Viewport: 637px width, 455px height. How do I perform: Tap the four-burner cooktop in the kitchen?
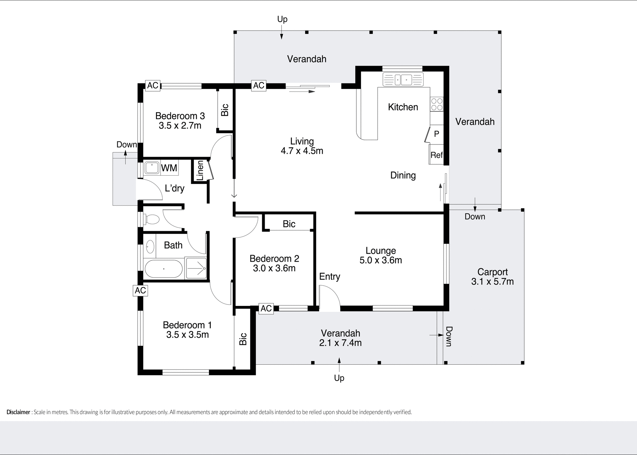(x=436, y=104)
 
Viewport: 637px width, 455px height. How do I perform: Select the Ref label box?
(x=436, y=155)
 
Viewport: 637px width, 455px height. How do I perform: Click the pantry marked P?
(x=437, y=134)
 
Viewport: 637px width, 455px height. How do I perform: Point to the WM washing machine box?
(x=169, y=168)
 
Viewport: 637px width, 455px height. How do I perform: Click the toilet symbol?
(x=151, y=219)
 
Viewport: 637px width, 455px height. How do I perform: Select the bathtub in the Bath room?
(x=164, y=269)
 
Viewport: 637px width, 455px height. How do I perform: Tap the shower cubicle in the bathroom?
(x=196, y=268)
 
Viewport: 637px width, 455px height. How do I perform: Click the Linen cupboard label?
(x=200, y=171)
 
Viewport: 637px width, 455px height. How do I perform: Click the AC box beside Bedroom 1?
(x=140, y=291)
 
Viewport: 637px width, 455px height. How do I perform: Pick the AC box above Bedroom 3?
(x=153, y=85)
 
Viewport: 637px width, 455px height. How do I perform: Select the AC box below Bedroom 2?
(x=266, y=309)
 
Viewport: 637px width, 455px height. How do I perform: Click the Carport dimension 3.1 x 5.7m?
(x=492, y=282)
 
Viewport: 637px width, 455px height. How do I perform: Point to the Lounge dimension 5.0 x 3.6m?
(x=381, y=260)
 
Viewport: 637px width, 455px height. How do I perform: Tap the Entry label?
(x=329, y=277)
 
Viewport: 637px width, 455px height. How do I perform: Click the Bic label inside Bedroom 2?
(x=289, y=224)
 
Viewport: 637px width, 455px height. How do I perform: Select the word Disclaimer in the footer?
(x=18, y=412)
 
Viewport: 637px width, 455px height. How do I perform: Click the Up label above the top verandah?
(x=282, y=19)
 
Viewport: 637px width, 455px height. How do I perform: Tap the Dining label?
(x=403, y=175)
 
